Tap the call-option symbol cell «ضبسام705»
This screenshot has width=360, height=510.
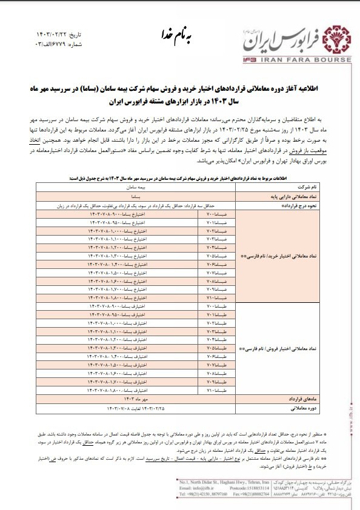(x=216, y=256)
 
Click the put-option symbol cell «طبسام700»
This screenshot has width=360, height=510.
(x=216, y=308)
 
